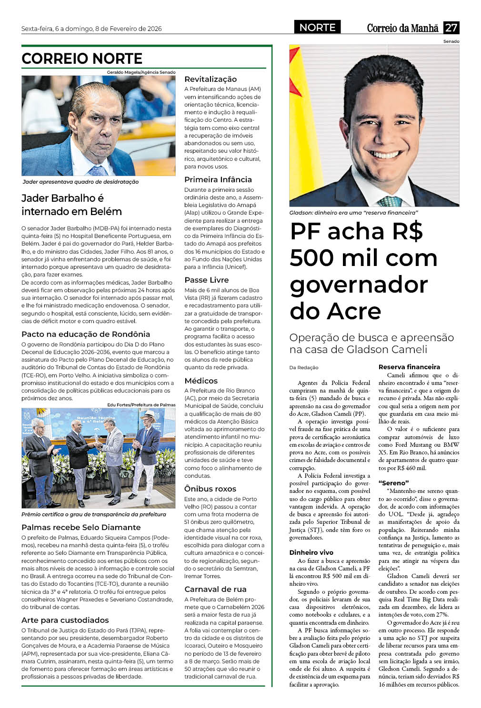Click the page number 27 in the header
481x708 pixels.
451,28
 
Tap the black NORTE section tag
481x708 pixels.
317,28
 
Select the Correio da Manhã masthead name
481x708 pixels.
402,28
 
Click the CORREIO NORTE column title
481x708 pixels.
82,59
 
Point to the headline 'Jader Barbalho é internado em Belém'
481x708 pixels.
71,205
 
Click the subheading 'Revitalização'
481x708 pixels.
210,79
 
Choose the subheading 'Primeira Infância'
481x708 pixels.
218,179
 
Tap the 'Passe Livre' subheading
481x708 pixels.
207,280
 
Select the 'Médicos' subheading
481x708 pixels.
201,381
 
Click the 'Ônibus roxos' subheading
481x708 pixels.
210,489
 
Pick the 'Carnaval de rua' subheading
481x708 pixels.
215,589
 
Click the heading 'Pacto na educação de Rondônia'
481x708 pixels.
86,334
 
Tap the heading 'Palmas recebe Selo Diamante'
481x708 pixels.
81,527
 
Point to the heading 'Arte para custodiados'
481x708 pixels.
65,620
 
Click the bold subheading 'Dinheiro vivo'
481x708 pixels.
311,552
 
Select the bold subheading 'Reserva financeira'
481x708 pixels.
409,367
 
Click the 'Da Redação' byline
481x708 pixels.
304,367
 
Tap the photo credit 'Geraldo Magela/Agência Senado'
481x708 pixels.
141,72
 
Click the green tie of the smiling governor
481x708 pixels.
390,201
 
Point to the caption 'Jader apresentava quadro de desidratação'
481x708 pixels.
80,182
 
